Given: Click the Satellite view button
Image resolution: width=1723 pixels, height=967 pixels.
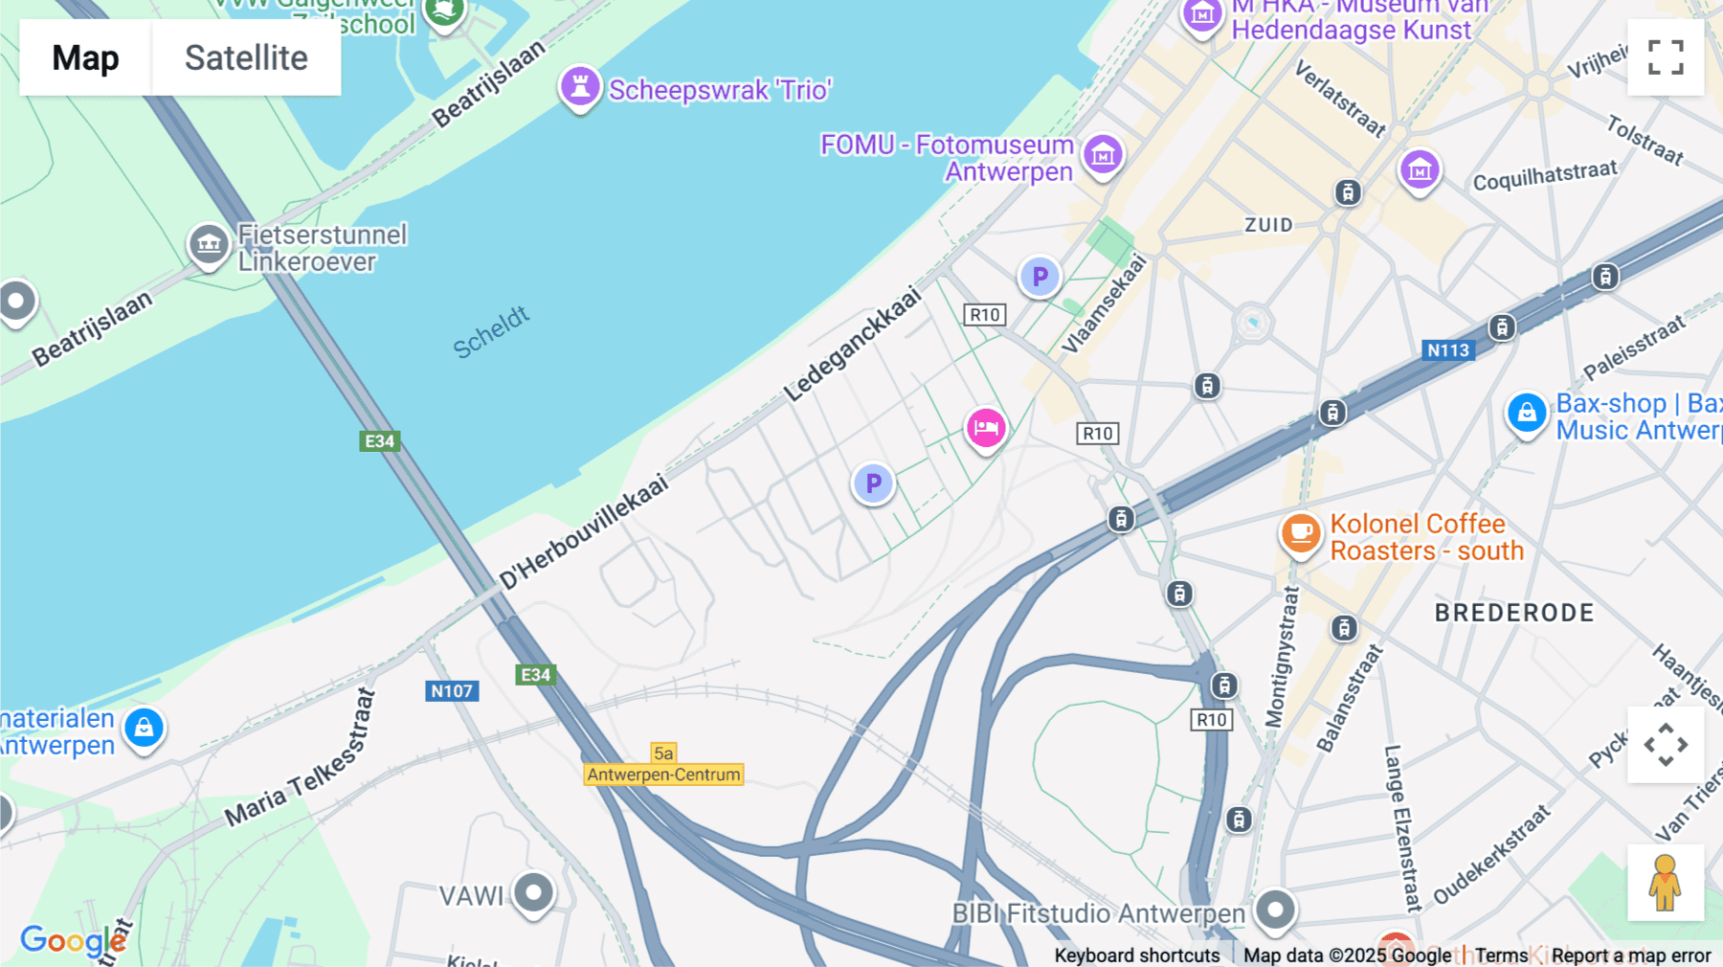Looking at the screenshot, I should (246, 57).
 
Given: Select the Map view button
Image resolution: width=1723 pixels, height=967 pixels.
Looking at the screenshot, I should (85, 57).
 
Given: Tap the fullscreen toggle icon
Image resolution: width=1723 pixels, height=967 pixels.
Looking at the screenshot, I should (1666, 57).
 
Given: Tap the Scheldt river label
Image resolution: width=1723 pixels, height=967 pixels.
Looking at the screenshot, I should (491, 332).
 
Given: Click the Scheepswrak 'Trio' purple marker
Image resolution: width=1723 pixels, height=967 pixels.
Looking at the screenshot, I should (580, 87).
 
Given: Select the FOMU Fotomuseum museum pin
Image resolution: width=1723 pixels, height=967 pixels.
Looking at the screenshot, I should (1103, 154).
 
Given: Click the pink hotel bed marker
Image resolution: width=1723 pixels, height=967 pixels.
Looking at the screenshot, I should (986, 428).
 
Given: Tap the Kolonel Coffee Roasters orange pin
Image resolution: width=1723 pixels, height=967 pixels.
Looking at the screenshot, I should (1301, 533).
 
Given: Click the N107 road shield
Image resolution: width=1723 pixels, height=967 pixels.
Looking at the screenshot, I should (452, 691).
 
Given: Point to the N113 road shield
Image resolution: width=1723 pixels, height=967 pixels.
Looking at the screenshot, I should (1448, 350).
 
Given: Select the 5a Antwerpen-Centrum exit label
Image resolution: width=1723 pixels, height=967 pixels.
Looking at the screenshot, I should (663, 765).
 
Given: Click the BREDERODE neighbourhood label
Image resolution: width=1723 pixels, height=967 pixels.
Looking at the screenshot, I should (1514, 613).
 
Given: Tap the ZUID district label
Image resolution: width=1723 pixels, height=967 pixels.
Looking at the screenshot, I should (1268, 225).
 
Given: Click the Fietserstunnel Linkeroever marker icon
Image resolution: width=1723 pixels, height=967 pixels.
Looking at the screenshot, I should (209, 245).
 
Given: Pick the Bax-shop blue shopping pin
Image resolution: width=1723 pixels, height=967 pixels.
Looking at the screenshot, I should (1527, 414).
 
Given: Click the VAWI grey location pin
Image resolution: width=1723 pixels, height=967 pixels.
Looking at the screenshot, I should (533, 893).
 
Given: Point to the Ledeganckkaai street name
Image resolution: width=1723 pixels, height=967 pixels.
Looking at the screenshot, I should (852, 345).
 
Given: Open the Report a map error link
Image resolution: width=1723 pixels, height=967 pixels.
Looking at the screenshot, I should (1631, 956).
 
